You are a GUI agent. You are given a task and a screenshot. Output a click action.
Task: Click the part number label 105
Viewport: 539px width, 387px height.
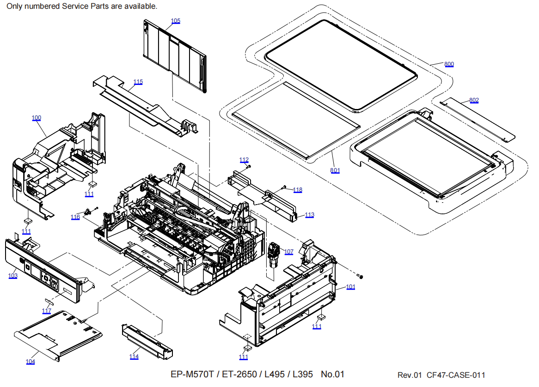point(176,21)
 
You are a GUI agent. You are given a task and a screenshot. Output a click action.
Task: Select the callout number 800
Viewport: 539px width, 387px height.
point(449,64)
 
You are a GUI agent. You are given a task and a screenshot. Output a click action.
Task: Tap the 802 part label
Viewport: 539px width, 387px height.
point(474,100)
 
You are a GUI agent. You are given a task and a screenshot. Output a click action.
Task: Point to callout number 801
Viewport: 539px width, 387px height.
point(335,170)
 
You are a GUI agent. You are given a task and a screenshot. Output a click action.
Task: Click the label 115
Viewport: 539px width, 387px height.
point(138,82)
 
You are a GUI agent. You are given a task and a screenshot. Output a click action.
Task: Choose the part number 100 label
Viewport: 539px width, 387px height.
point(37,118)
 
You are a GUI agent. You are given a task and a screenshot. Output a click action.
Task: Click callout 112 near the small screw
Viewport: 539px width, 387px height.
point(244,160)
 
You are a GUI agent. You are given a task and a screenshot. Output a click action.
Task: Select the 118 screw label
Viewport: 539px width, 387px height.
point(298,190)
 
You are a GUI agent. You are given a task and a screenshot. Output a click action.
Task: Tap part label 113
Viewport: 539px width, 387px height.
point(309,215)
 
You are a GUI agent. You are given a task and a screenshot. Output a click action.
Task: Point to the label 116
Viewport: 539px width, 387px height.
point(75,217)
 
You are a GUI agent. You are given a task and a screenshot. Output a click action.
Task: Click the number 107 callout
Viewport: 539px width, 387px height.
point(289,252)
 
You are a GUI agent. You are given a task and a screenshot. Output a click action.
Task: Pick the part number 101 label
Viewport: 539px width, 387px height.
point(351,287)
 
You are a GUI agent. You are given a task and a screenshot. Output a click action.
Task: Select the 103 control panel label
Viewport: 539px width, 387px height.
point(13,276)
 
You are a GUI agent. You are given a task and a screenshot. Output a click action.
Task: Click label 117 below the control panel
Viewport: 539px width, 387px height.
point(47,311)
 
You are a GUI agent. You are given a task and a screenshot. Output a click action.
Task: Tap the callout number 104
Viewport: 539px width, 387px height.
point(31,362)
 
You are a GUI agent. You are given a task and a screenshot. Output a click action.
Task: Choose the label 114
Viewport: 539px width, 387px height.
point(134,357)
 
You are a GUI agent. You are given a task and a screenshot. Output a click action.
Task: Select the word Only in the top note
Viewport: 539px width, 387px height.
point(14,6)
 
